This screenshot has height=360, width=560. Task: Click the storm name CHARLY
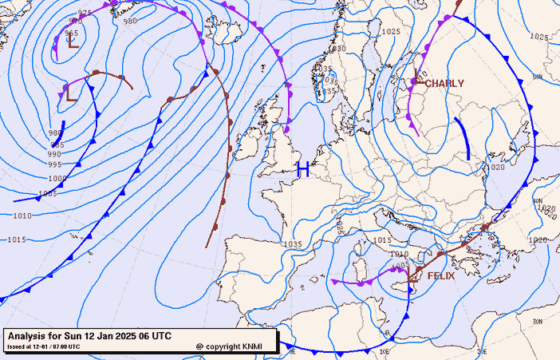[x=444, y=83]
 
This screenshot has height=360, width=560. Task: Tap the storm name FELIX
[x=441, y=275]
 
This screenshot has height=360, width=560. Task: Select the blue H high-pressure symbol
[x=303, y=168]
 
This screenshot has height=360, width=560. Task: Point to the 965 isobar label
[x=72, y=34]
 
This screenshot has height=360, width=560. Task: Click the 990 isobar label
[x=54, y=154]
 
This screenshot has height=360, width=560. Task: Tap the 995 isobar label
[x=54, y=165]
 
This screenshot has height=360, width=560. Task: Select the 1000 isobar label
[x=57, y=179]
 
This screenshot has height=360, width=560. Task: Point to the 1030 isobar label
[x=337, y=49]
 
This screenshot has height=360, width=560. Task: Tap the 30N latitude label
[x=538, y=321]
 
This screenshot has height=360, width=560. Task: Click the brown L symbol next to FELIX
[x=413, y=277]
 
